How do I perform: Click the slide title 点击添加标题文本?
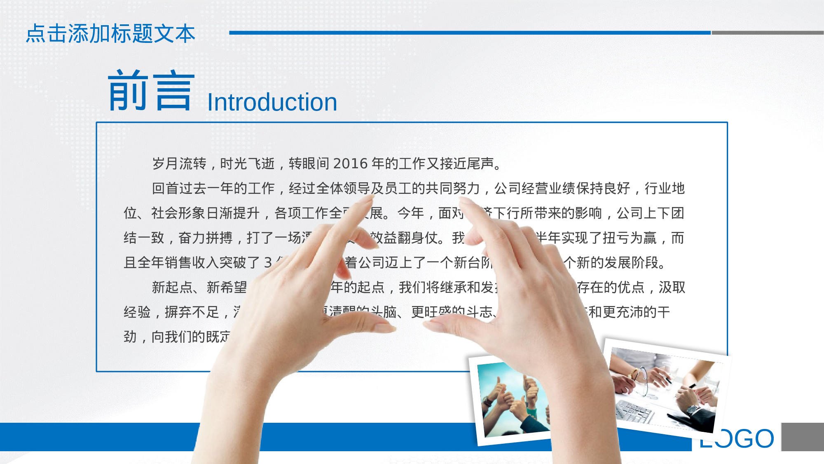110,34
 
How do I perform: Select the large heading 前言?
151,91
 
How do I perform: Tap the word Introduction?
272,102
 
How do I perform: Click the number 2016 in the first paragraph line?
350,164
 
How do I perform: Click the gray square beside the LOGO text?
802,437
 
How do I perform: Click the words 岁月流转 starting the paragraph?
179,164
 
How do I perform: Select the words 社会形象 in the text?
178,213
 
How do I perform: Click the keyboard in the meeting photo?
634,410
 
